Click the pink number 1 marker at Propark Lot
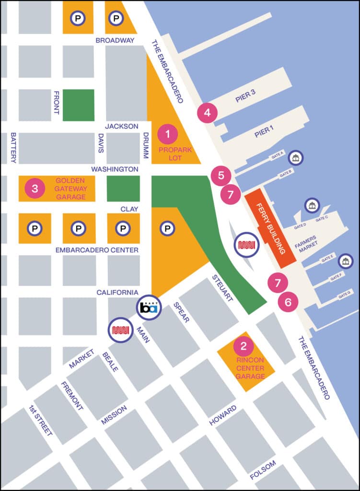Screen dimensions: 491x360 [167, 134]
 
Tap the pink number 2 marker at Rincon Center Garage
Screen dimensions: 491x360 [244, 345]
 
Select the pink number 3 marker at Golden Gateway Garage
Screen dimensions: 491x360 [35, 188]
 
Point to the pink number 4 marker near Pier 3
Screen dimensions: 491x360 [207, 113]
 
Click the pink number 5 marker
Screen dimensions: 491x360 [221, 175]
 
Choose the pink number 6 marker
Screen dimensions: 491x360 [288, 302]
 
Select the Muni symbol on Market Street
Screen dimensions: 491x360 [120, 330]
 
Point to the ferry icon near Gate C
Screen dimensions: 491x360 [313, 206]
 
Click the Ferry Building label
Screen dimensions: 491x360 [273, 230]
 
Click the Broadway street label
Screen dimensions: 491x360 [115, 40]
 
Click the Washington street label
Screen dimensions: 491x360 [115, 169]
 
